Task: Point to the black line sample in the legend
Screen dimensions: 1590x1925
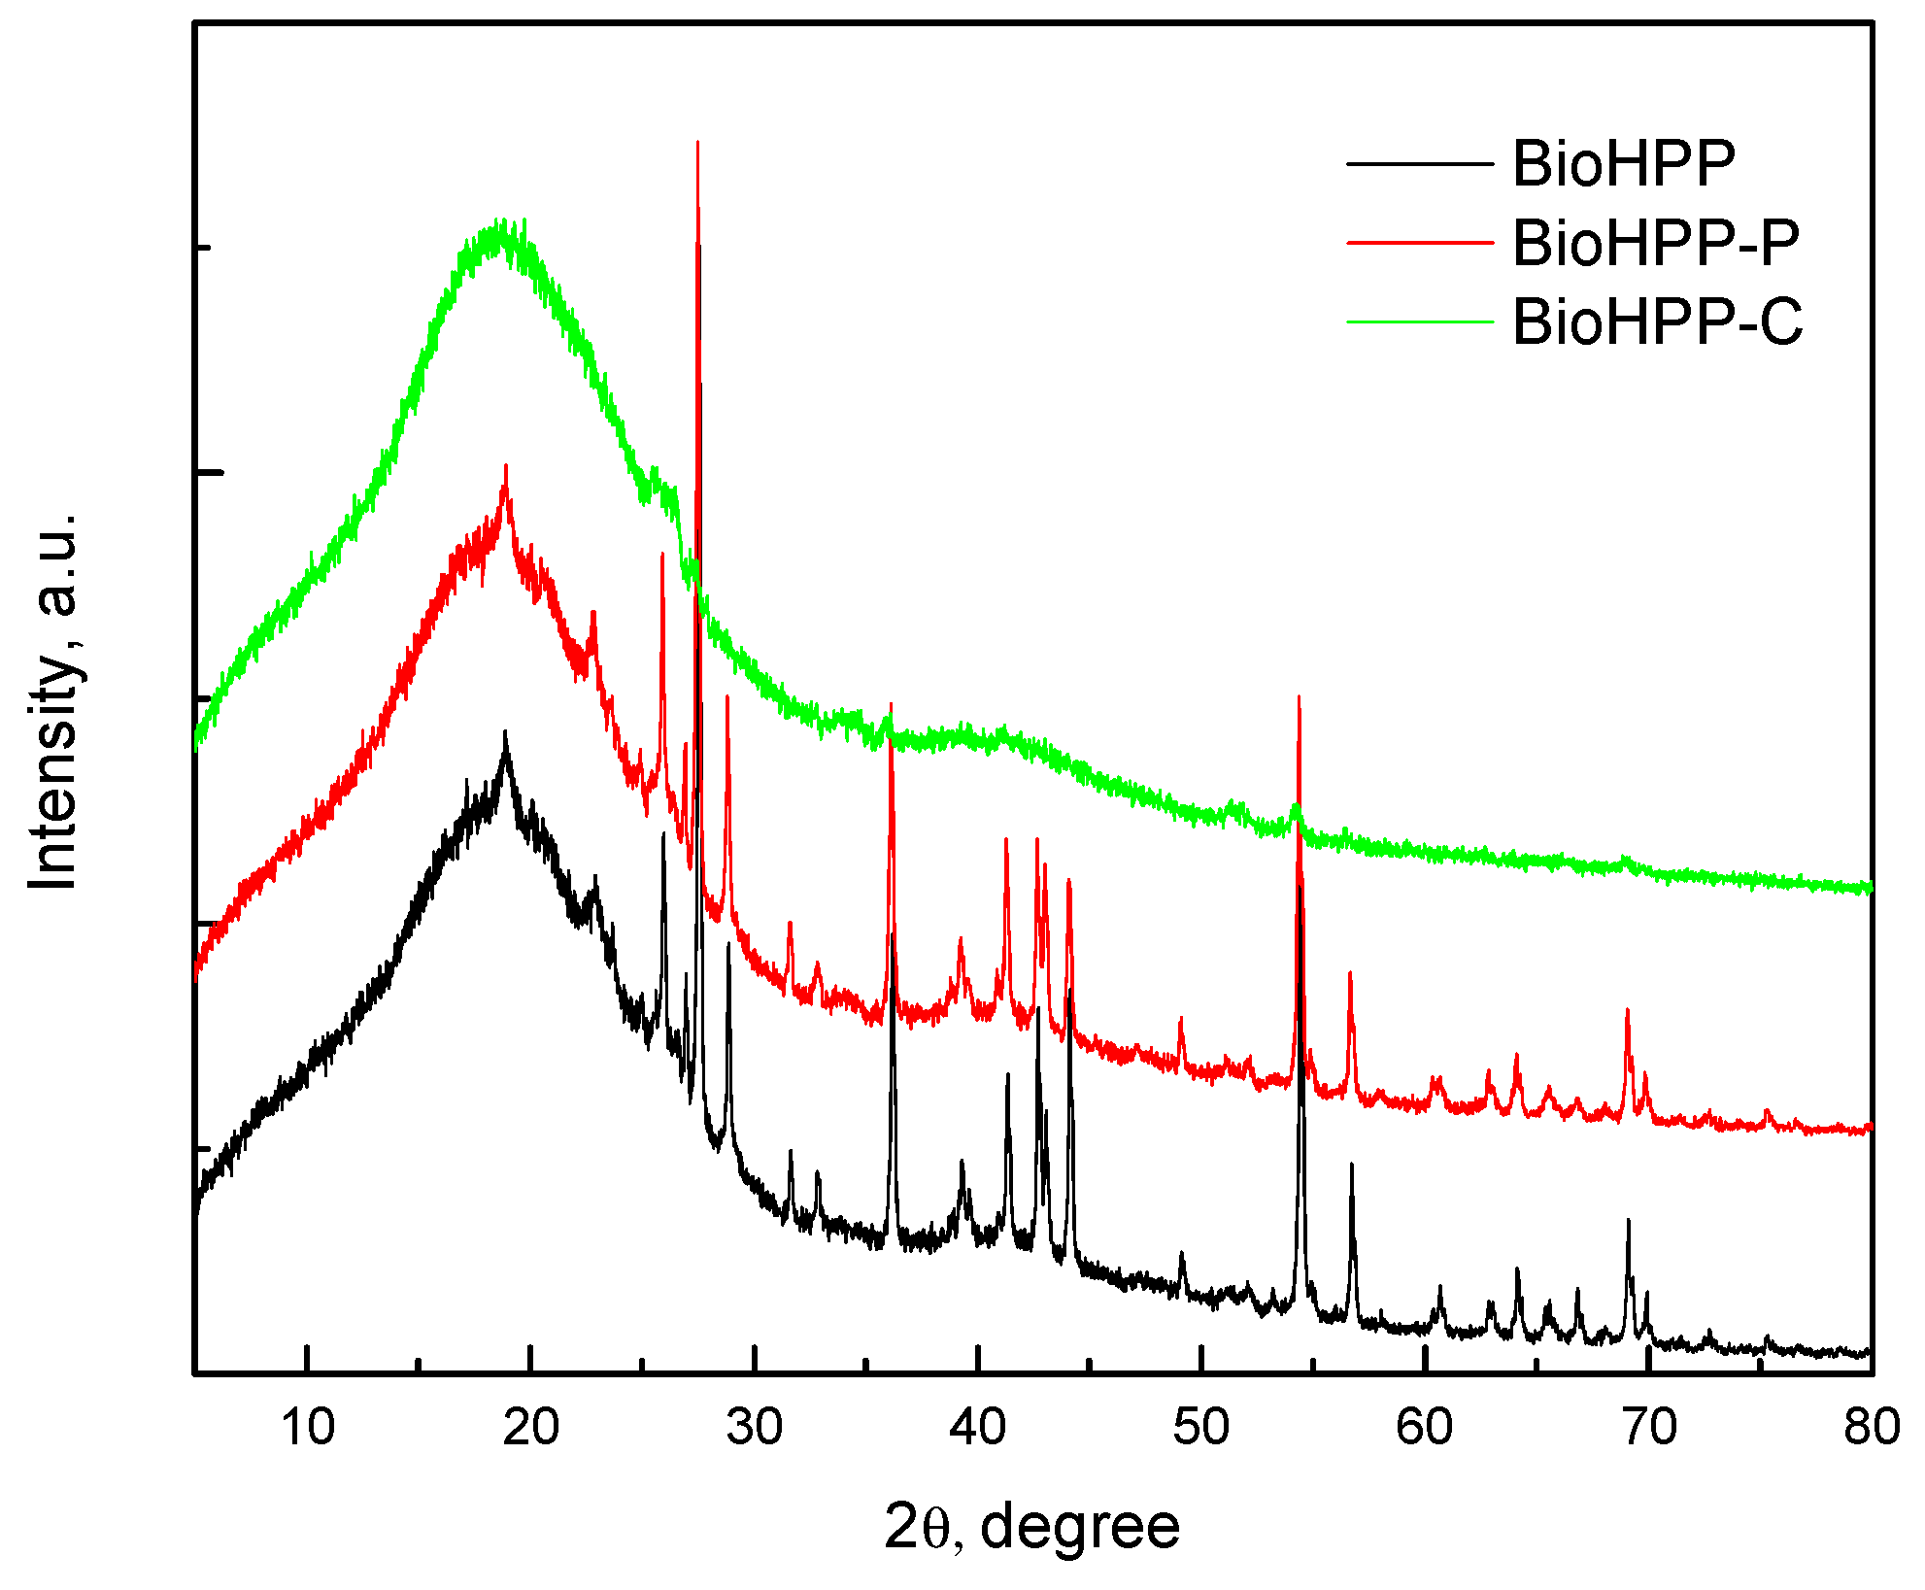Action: pos(1419,164)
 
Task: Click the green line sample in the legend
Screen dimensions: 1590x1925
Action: pos(1419,321)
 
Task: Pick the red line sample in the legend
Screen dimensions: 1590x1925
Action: pos(1419,243)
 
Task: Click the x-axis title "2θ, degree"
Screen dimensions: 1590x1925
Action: pos(1031,1528)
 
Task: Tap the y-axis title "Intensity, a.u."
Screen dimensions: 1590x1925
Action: pos(53,699)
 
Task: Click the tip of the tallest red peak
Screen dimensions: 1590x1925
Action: pos(697,142)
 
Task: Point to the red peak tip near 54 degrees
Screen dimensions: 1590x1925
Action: pos(1299,696)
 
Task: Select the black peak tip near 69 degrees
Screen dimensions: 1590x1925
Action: pos(1629,1220)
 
